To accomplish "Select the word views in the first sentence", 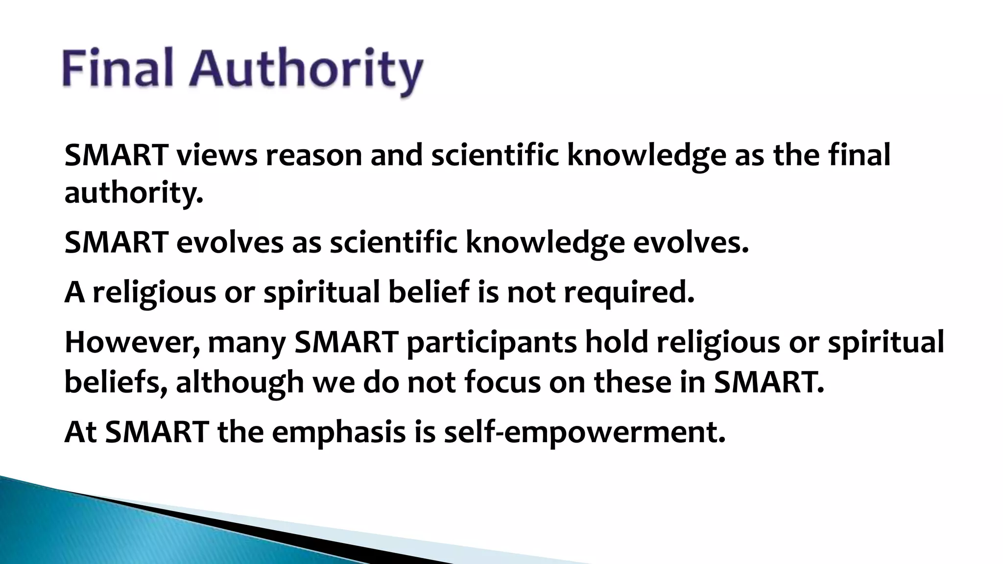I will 216,155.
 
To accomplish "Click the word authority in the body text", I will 133,193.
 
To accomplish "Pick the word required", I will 629,293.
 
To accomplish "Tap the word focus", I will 502,382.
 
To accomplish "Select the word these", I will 632,382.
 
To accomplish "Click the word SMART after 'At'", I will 157,432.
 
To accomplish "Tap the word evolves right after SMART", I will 230,242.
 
